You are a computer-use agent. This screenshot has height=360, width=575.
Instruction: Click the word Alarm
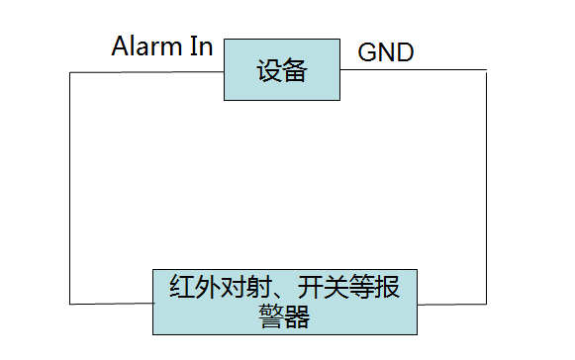coord(146,46)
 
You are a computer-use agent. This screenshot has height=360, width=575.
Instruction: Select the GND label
coord(385,52)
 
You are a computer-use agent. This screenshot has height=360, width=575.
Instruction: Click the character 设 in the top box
coord(269,71)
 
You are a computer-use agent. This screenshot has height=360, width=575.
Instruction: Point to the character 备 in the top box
coord(294,71)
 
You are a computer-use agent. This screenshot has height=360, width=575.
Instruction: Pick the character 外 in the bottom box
coord(210,288)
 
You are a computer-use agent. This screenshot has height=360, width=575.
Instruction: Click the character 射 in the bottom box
coord(264,288)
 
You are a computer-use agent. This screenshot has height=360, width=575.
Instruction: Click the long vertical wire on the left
coord(70,188)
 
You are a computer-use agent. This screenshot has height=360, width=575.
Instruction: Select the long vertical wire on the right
coord(487,188)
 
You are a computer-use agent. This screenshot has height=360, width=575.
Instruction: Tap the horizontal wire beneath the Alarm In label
coord(148,70)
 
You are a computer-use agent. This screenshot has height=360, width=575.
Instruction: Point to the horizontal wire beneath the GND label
coord(416,70)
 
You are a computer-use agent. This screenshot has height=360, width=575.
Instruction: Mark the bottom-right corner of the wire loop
coord(487,303)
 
